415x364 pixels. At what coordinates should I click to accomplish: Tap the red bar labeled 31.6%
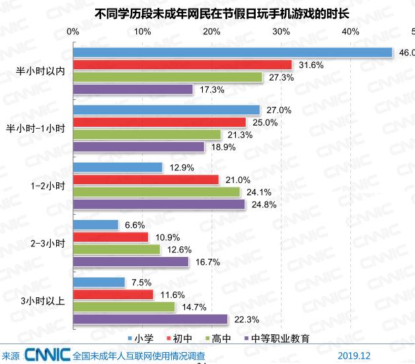pos(182,65)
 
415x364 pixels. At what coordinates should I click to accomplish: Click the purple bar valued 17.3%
pos(133,89)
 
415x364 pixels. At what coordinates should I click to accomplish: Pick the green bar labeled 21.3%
pos(147,135)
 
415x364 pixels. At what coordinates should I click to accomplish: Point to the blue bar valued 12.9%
pos(118,168)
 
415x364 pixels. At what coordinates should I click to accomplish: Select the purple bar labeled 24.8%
pos(159,204)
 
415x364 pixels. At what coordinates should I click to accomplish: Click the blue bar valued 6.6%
pos(96,225)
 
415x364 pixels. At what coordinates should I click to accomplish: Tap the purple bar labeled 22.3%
pos(150,319)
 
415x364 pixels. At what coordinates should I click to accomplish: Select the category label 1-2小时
pos(48,186)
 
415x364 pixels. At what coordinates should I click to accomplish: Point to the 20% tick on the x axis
pos(211,32)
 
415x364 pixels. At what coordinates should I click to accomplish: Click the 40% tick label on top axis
pos(350,32)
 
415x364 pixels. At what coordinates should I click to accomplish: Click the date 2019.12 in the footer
pos(354,355)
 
